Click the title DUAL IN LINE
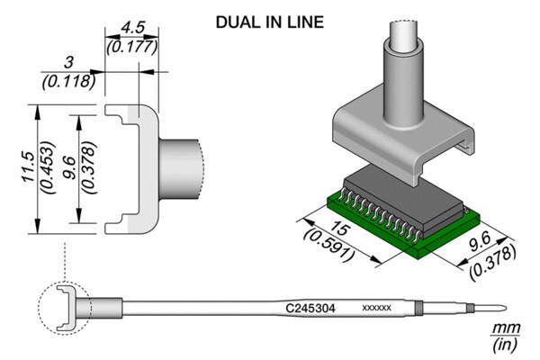pos(270,22)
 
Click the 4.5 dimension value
pos(132,28)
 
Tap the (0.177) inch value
pos(132,47)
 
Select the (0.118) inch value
pos(68,82)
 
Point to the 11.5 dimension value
pos(28,166)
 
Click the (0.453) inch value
pos(48,167)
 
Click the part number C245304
pos(310,308)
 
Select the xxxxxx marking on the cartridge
pos(376,308)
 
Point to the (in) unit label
pos(505,345)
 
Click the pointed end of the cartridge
pos(506,308)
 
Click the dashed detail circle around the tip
pos(39,308)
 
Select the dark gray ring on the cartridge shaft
pos(418,307)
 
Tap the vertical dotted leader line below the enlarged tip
pos(65,261)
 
